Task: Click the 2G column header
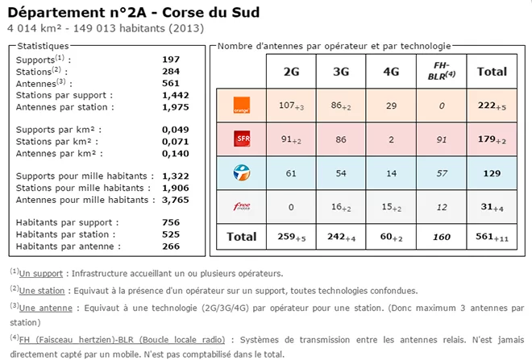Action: click(x=292, y=71)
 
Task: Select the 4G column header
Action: click(x=391, y=71)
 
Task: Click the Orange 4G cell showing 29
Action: click(x=391, y=105)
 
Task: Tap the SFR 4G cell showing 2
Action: click(x=391, y=139)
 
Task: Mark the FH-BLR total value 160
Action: click(x=441, y=237)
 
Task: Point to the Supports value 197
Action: click(x=171, y=60)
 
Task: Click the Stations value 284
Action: click(x=171, y=71)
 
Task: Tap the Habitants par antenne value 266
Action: click(x=171, y=246)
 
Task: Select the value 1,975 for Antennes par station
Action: click(x=175, y=106)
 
